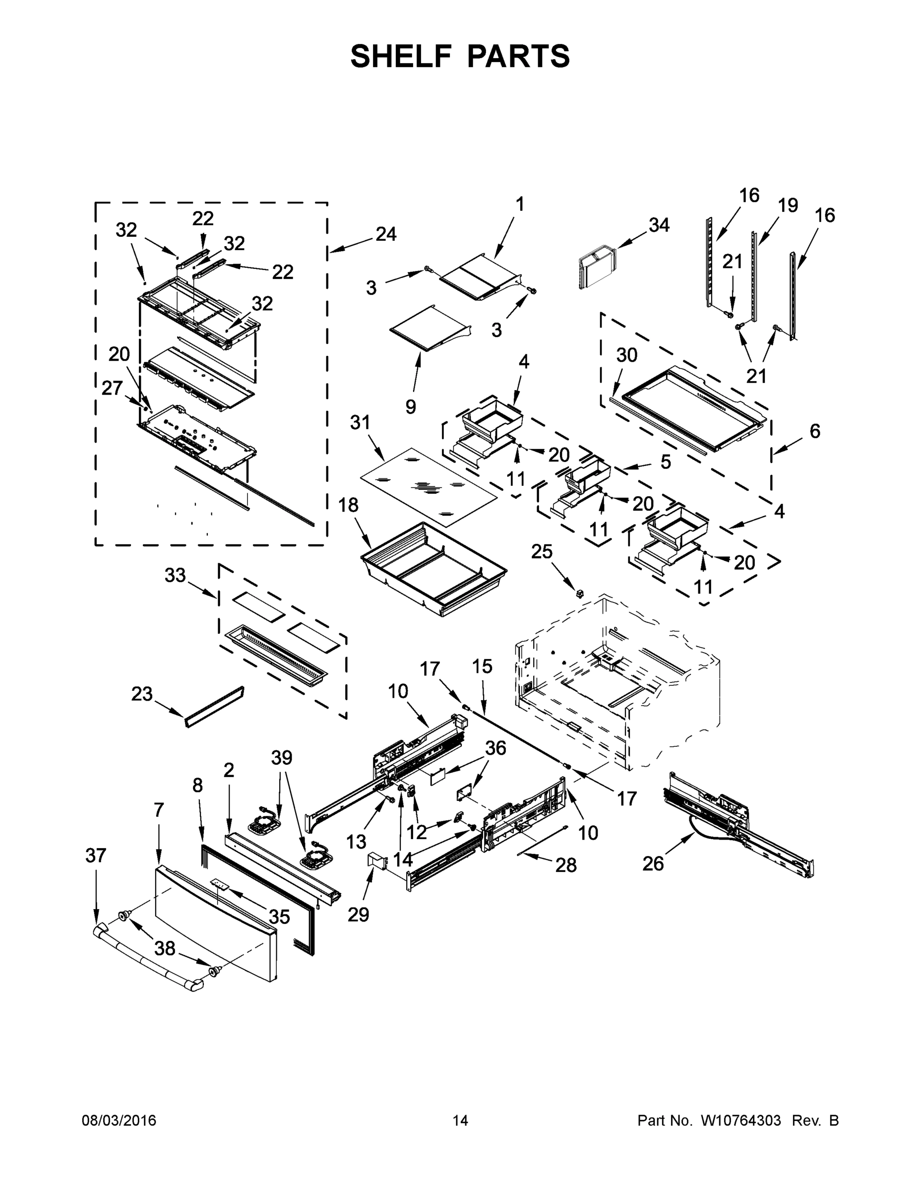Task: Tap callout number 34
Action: pos(659,225)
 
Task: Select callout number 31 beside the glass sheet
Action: pos(360,422)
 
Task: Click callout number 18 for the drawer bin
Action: pos(348,505)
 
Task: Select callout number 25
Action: pos(542,552)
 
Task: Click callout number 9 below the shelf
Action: pos(410,406)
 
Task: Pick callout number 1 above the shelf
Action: pos(520,204)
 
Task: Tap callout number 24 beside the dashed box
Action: pos(386,234)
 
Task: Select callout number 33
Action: pos(175,575)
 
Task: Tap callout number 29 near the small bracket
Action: pos(358,915)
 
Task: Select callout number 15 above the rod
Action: pos(482,666)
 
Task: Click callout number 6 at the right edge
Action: pos(814,431)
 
